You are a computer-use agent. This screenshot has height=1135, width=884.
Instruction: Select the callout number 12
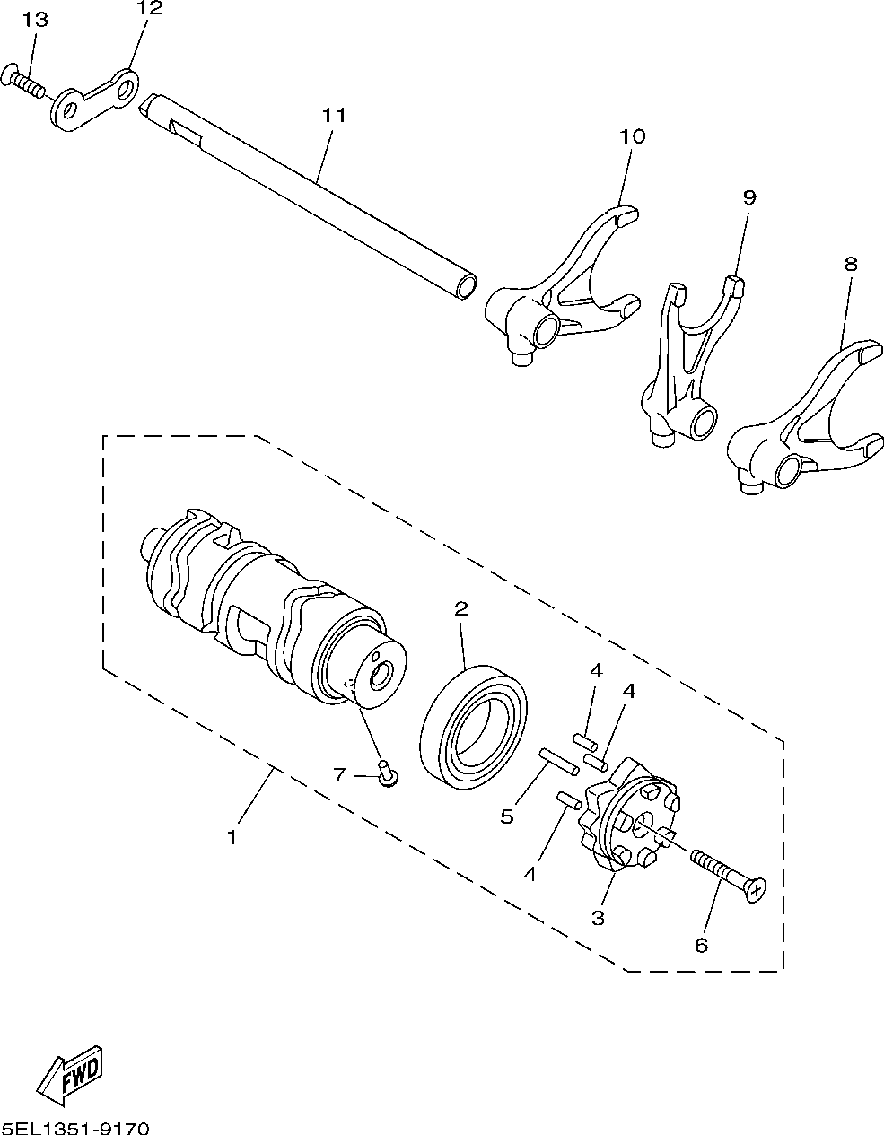pyautogui.click(x=150, y=9)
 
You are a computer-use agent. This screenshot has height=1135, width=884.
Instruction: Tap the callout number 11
pyautogui.click(x=334, y=115)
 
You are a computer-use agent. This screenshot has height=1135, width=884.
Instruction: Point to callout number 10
pyautogui.click(x=632, y=136)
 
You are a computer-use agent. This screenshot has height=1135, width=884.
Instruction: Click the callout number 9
pyautogui.click(x=749, y=197)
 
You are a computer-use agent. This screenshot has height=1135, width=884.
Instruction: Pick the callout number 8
pyautogui.click(x=851, y=264)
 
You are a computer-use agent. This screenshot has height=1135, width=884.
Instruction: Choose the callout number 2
pyautogui.click(x=461, y=609)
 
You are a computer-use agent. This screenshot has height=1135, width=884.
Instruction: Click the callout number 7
pyautogui.click(x=339, y=774)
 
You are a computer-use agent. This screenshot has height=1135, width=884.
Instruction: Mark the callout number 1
pyautogui.click(x=232, y=838)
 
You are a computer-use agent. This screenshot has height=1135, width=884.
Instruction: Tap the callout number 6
pyautogui.click(x=701, y=944)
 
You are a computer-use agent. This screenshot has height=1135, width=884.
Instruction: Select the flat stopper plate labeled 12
pyautogui.click(x=94, y=98)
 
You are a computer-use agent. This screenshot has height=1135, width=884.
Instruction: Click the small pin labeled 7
pyautogui.click(x=388, y=773)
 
